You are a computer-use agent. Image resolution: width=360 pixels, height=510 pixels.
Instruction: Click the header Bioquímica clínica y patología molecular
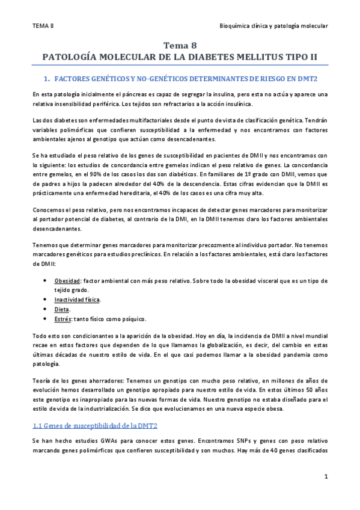click(274, 26)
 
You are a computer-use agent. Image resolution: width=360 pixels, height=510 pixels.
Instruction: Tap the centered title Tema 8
click(180, 45)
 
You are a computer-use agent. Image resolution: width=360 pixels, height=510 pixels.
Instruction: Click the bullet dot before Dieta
click(47, 309)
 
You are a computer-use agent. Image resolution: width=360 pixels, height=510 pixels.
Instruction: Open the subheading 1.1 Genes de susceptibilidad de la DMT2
click(95, 426)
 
